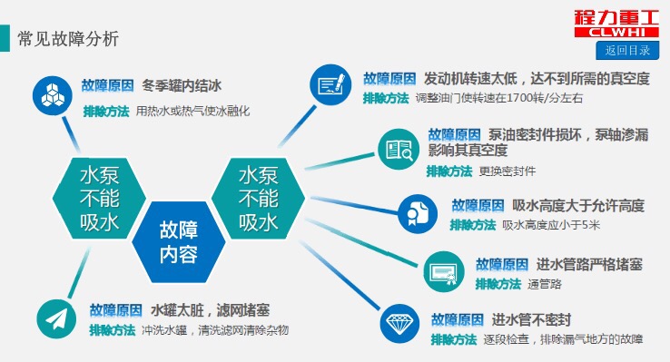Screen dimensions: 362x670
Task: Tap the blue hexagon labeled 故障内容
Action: [177, 241]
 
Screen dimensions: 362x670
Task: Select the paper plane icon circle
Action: [56, 318]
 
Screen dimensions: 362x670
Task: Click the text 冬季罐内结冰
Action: [182, 86]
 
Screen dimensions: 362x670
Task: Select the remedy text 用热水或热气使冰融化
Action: [192, 111]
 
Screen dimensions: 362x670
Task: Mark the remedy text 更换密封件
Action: [507, 171]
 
